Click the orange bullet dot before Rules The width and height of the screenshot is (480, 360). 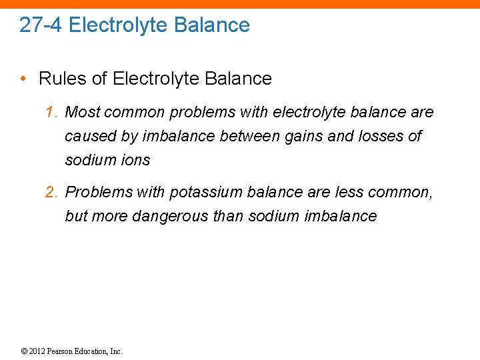(23, 79)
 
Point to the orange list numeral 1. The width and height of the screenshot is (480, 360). (51, 112)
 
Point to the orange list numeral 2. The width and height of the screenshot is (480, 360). (51, 192)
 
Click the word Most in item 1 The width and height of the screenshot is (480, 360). (81, 112)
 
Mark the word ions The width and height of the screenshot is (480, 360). (136, 160)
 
